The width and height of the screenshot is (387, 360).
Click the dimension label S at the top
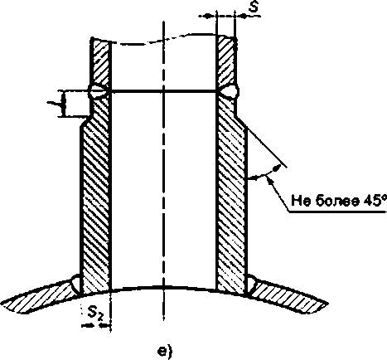[x=253, y=7]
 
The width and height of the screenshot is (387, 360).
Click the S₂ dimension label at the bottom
[x=95, y=314]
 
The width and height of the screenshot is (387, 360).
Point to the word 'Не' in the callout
[x=301, y=201]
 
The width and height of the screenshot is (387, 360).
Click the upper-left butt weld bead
[x=98, y=91]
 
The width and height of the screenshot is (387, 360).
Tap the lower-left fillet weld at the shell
[x=75, y=285]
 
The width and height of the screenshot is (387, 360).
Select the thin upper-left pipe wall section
[x=100, y=62]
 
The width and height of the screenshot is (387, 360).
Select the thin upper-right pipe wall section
[x=226, y=60]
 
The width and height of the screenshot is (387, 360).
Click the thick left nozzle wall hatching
[x=95, y=193]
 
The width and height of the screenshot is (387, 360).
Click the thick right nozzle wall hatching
[x=231, y=193]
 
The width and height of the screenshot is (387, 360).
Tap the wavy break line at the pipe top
[x=163, y=40]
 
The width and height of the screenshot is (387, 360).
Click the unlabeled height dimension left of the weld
[x=64, y=104]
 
